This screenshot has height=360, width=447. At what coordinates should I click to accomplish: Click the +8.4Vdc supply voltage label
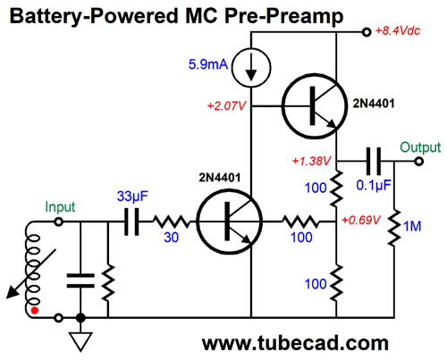pyautogui.click(x=398, y=30)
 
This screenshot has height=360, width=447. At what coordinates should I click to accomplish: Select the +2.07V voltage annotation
pyautogui.click(x=227, y=105)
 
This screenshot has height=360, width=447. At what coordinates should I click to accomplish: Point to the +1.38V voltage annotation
pyautogui.click(x=312, y=161)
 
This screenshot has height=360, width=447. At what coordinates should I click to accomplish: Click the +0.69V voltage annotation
pyautogui.click(x=361, y=220)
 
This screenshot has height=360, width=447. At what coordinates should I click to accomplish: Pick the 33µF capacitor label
pyautogui.click(x=132, y=196)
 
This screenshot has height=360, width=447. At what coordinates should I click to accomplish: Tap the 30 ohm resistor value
pyautogui.click(x=172, y=238)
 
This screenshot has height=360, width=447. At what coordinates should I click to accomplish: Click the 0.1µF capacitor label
pyautogui.click(x=374, y=186)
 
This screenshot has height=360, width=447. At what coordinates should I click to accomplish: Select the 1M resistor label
pyautogui.click(x=412, y=227)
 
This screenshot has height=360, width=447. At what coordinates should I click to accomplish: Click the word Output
pyautogui.click(x=420, y=147)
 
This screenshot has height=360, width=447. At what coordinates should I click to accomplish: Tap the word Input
pyautogui.click(x=60, y=207)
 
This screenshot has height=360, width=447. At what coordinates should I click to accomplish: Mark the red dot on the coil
pyautogui.click(x=35, y=311)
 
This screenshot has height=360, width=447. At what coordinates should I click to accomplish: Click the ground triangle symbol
pyautogui.click(x=80, y=342)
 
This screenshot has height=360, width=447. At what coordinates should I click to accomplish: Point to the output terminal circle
pyautogui.click(x=419, y=162)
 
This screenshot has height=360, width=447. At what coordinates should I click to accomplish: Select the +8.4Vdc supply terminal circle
pyautogui.click(x=367, y=32)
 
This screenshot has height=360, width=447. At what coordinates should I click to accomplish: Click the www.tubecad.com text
pyautogui.click(x=295, y=343)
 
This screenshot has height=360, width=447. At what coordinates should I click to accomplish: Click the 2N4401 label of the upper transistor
pyautogui.click(x=374, y=104)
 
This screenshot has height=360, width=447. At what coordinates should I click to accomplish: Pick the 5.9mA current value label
pyautogui.click(x=208, y=64)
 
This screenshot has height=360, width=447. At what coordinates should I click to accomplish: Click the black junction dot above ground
pyautogui.click(x=80, y=318)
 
